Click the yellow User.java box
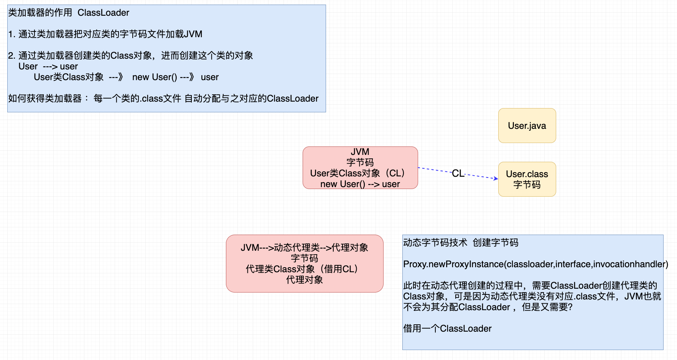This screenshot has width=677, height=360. tap(527, 126)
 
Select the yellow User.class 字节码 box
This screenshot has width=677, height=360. tap(527, 179)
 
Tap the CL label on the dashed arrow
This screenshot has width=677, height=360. tap(458, 173)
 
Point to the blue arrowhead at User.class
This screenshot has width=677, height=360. tap(496, 178)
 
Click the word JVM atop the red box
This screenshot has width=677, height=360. tap(360, 152)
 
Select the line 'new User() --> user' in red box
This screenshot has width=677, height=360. tap(360, 184)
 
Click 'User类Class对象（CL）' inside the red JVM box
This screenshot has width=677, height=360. tap(357, 173)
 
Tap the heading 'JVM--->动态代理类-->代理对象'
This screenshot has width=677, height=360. tap(304, 248)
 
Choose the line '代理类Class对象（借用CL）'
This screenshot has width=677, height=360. tap(302, 269)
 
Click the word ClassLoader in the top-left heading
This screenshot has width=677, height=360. tap(103, 13)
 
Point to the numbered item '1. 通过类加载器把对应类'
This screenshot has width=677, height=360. tap(105, 34)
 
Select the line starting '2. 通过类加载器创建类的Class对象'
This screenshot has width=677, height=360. tap(130, 56)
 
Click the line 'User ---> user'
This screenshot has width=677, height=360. tap(48, 66)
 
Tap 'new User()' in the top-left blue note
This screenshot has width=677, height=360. tap(155, 77)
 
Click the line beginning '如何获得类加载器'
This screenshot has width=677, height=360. tap(163, 99)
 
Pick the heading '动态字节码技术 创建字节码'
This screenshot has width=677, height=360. tap(460, 243)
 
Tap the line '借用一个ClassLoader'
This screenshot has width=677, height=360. tap(447, 329)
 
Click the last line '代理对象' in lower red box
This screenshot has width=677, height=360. tap(304, 280)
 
